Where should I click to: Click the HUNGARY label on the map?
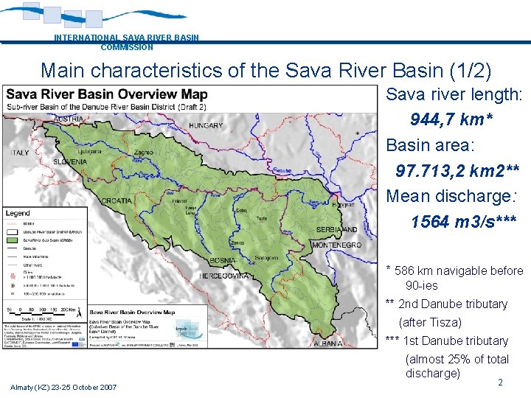pos(206,125)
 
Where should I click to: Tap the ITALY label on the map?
pos(19,153)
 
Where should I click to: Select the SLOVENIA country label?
pos(70,161)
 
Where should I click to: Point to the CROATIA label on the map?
pos(117,200)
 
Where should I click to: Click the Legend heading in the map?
pos(18,213)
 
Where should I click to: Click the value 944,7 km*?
pos(451,119)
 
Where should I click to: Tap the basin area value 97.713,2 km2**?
pos(457,171)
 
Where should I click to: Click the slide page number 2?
pos(500,383)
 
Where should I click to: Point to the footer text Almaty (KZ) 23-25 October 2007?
pos(63,387)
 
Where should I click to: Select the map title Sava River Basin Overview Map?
pos(107,94)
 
